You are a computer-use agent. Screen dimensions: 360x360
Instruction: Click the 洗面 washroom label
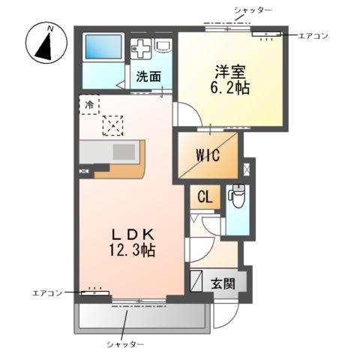(x=148, y=76)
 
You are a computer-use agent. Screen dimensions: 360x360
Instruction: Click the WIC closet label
(x=208, y=156)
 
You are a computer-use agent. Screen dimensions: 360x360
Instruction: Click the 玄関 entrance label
(x=222, y=284)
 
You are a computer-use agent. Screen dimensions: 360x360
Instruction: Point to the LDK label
(x=132, y=233)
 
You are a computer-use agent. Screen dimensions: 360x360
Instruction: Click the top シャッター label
(x=252, y=9)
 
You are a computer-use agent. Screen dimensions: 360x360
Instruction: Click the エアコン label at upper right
(x=313, y=35)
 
